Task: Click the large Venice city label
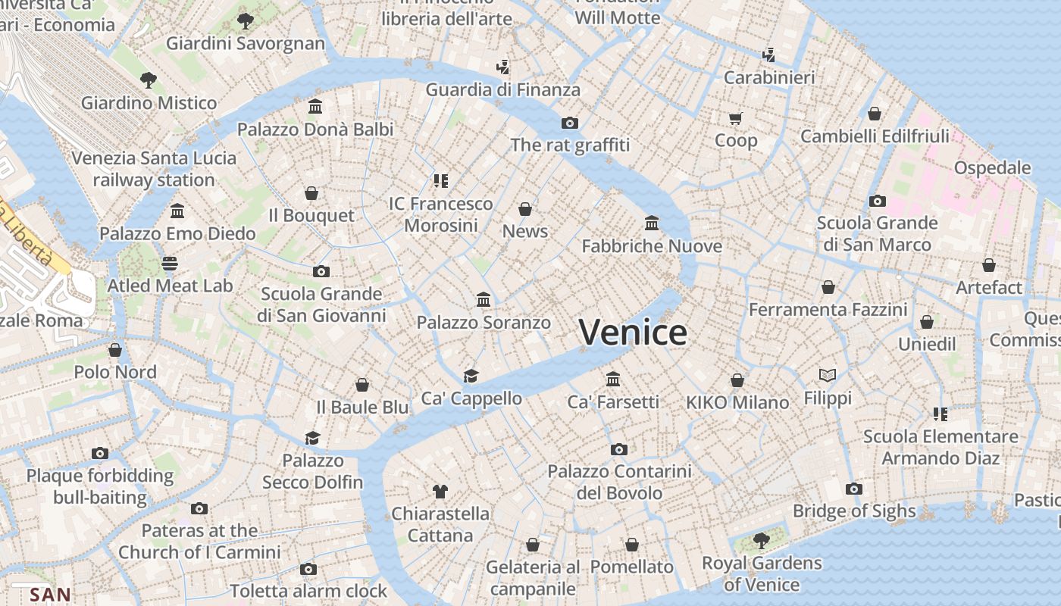pyautogui.click(x=633, y=333)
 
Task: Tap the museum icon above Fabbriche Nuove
pyautogui.click(x=652, y=223)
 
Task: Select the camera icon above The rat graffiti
pyautogui.click(x=570, y=123)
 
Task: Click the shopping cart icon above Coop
pyautogui.click(x=736, y=118)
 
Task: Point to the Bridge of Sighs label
pyautogui.click(x=854, y=511)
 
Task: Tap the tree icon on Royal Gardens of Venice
pyautogui.click(x=761, y=541)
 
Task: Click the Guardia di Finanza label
pyautogui.click(x=503, y=89)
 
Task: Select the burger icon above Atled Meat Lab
pyautogui.click(x=170, y=264)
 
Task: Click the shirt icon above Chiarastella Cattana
pyautogui.click(x=440, y=492)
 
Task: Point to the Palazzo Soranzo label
pyautogui.click(x=484, y=323)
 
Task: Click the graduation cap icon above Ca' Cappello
pyautogui.click(x=471, y=376)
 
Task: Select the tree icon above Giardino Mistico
pyautogui.click(x=149, y=80)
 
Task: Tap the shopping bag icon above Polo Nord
pyautogui.click(x=115, y=350)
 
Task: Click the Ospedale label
pyautogui.click(x=992, y=167)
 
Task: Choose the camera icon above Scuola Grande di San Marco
pyautogui.click(x=878, y=201)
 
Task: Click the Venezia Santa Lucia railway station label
pyautogui.click(x=154, y=169)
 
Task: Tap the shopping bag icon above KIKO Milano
pyautogui.click(x=737, y=380)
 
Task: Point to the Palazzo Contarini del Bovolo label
pyautogui.click(x=619, y=482)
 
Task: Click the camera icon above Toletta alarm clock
pyautogui.click(x=308, y=570)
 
